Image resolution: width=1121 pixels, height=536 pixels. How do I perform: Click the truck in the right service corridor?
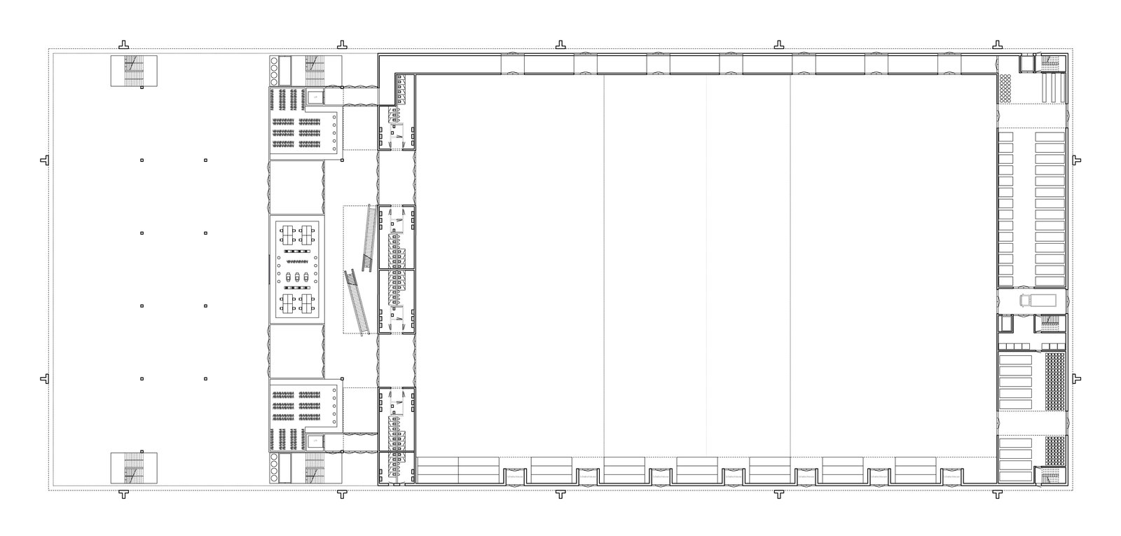pos(1036,300)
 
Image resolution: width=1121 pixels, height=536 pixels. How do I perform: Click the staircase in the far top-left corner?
pos(134,71)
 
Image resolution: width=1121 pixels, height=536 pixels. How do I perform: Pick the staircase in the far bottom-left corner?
pos(134,468)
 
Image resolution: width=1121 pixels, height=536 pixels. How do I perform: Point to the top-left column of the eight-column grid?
pos(142,160)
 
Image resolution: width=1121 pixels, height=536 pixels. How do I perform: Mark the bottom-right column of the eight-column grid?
pos(205,378)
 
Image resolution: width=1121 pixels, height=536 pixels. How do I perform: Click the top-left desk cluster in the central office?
pos(287,232)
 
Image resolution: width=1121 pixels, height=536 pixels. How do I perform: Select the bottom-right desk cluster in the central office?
pos(305,302)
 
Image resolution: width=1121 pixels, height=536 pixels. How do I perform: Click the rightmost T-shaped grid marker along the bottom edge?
pos(997,495)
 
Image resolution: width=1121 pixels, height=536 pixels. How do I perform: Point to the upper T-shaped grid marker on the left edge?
pos(45,160)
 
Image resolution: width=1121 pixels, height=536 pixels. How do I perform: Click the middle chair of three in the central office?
pos(296,276)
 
